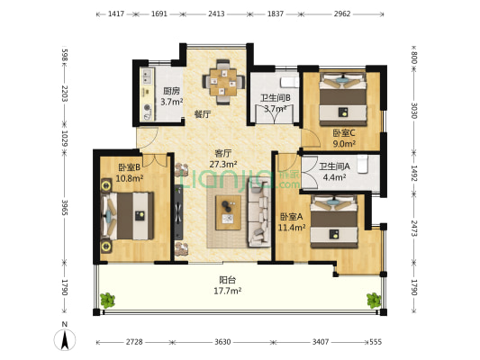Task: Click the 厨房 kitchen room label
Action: (x=169, y=96)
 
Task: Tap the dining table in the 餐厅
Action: (x=220, y=80)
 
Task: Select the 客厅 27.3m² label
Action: (x=223, y=158)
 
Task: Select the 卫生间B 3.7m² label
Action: (x=274, y=103)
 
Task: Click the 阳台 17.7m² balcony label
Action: (x=228, y=285)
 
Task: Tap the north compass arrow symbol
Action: (x=64, y=339)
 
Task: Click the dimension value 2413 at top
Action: (x=216, y=15)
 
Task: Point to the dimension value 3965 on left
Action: (x=63, y=210)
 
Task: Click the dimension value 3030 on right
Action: (x=415, y=111)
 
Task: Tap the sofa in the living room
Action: (x=260, y=208)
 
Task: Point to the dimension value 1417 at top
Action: (x=115, y=15)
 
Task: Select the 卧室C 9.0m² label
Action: (x=343, y=138)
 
